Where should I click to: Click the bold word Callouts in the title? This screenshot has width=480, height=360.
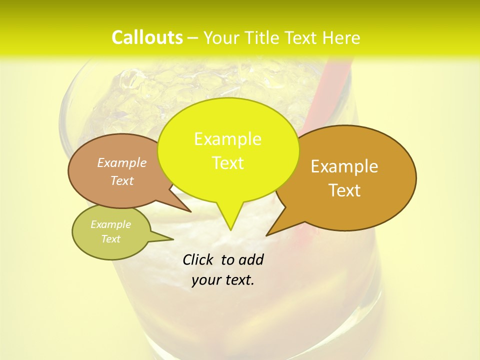pyautogui.click(x=147, y=37)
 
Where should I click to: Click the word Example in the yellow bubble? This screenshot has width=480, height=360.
pyautogui.click(x=227, y=139)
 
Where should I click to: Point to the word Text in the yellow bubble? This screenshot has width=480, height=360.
pyautogui.click(x=227, y=163)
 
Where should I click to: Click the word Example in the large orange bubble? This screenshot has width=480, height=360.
pyautogui.click(x=344, y=166)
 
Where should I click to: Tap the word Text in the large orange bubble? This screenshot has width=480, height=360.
pyautogui.click(x=344, y=190)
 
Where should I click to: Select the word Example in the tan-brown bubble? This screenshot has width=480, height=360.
pyautogui.click(x=122, y=163)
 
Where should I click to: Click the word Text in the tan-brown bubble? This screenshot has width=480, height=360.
pyautogui.click(x=122, y=181)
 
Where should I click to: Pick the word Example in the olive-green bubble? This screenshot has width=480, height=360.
pyautogui.click(x=111, y=224)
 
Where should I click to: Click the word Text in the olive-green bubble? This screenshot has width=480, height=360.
pyautogui.click(x=111, y=239)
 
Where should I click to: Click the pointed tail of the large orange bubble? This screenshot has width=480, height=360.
pyautogui.click(x=275, y=229)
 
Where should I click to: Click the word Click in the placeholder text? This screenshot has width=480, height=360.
pyautogui.click(x=199, y=259)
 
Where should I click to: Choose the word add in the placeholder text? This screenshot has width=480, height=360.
pyautogui.click(x=251, y=259)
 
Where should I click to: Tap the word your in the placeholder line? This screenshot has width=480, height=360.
pyautogui.click(x=205, y=280)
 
